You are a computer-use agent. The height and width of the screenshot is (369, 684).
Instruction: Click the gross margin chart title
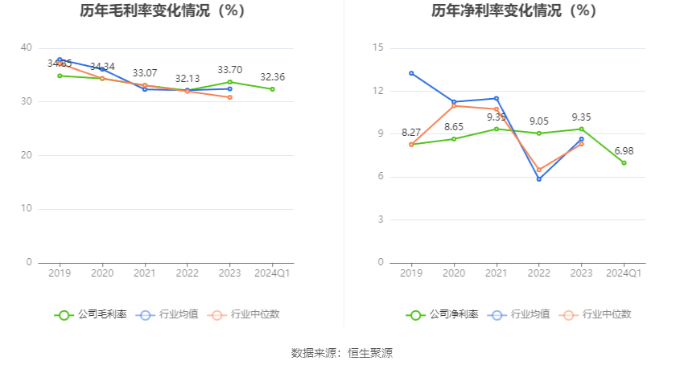[163, 11]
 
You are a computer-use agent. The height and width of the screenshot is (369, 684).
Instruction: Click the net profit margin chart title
[513, 11]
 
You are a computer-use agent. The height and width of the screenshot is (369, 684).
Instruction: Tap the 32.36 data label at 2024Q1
[272, 77]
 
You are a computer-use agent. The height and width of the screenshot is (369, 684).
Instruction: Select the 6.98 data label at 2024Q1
[624, 151]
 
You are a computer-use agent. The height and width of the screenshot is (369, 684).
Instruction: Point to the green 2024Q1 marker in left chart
[272, 89]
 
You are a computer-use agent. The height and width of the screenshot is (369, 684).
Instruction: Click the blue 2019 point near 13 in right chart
[411, 73]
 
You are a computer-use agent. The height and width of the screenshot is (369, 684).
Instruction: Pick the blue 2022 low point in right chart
[539, 179]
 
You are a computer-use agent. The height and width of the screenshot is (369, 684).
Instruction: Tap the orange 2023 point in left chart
[229, 97]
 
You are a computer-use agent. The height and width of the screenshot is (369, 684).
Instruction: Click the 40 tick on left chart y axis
[27, 48]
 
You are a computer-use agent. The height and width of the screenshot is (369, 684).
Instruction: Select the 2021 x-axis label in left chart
[144, 273]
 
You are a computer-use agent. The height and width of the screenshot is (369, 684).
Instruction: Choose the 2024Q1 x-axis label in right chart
[624, 273]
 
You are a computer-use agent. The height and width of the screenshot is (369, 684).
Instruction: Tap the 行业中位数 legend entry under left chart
[245, 314]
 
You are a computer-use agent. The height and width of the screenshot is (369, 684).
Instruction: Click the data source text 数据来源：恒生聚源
[342, 353]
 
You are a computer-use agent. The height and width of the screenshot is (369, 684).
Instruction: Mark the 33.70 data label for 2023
[229, 70]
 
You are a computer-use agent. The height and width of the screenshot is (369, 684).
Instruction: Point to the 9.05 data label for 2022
[539, 121]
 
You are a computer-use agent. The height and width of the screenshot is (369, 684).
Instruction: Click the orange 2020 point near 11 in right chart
[454, 105]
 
